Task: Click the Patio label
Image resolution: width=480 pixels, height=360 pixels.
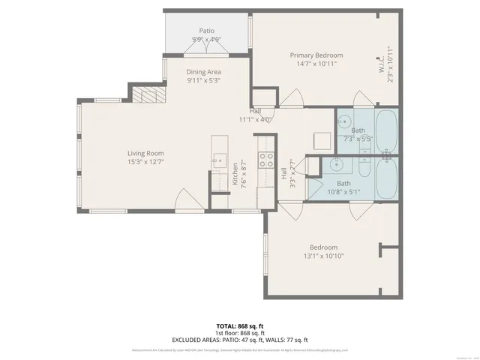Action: [207, 31]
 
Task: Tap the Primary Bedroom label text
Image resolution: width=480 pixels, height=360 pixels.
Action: [316, 55]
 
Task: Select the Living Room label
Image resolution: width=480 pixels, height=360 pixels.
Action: [145, 153]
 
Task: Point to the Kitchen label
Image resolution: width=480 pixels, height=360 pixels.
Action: [235, 174]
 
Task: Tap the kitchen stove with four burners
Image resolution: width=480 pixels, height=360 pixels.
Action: [265, 158]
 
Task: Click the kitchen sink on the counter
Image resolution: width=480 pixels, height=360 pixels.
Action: [219, 159]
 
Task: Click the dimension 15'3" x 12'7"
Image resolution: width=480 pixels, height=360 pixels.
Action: [145, 161]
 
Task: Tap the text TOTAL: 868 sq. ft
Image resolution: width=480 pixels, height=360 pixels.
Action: [239, 325]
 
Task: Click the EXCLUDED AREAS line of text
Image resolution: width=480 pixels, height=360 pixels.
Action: [239, 340]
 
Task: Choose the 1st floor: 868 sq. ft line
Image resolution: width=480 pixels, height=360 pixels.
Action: [239, 333]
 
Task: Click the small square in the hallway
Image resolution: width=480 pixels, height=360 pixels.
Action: [322, 141]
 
